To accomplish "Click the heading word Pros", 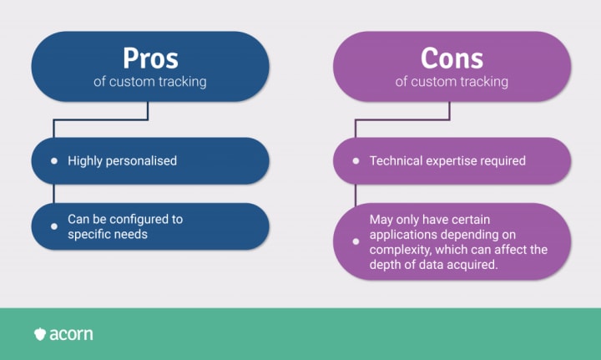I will point(150,58).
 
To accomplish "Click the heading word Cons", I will point(452,58).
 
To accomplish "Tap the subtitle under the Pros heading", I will point(150,82).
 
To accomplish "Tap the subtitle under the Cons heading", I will point(452,82).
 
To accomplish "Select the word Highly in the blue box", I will point(84,160).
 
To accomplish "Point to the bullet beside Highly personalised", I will point(54,160).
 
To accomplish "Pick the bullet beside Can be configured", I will point(54,226).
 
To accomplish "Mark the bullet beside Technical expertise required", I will point(356,160).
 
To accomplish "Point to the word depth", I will point(386,265).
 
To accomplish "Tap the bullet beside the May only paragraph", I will point(356,242).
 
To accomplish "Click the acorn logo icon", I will point(40,334).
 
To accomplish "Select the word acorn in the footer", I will point(71,334).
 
